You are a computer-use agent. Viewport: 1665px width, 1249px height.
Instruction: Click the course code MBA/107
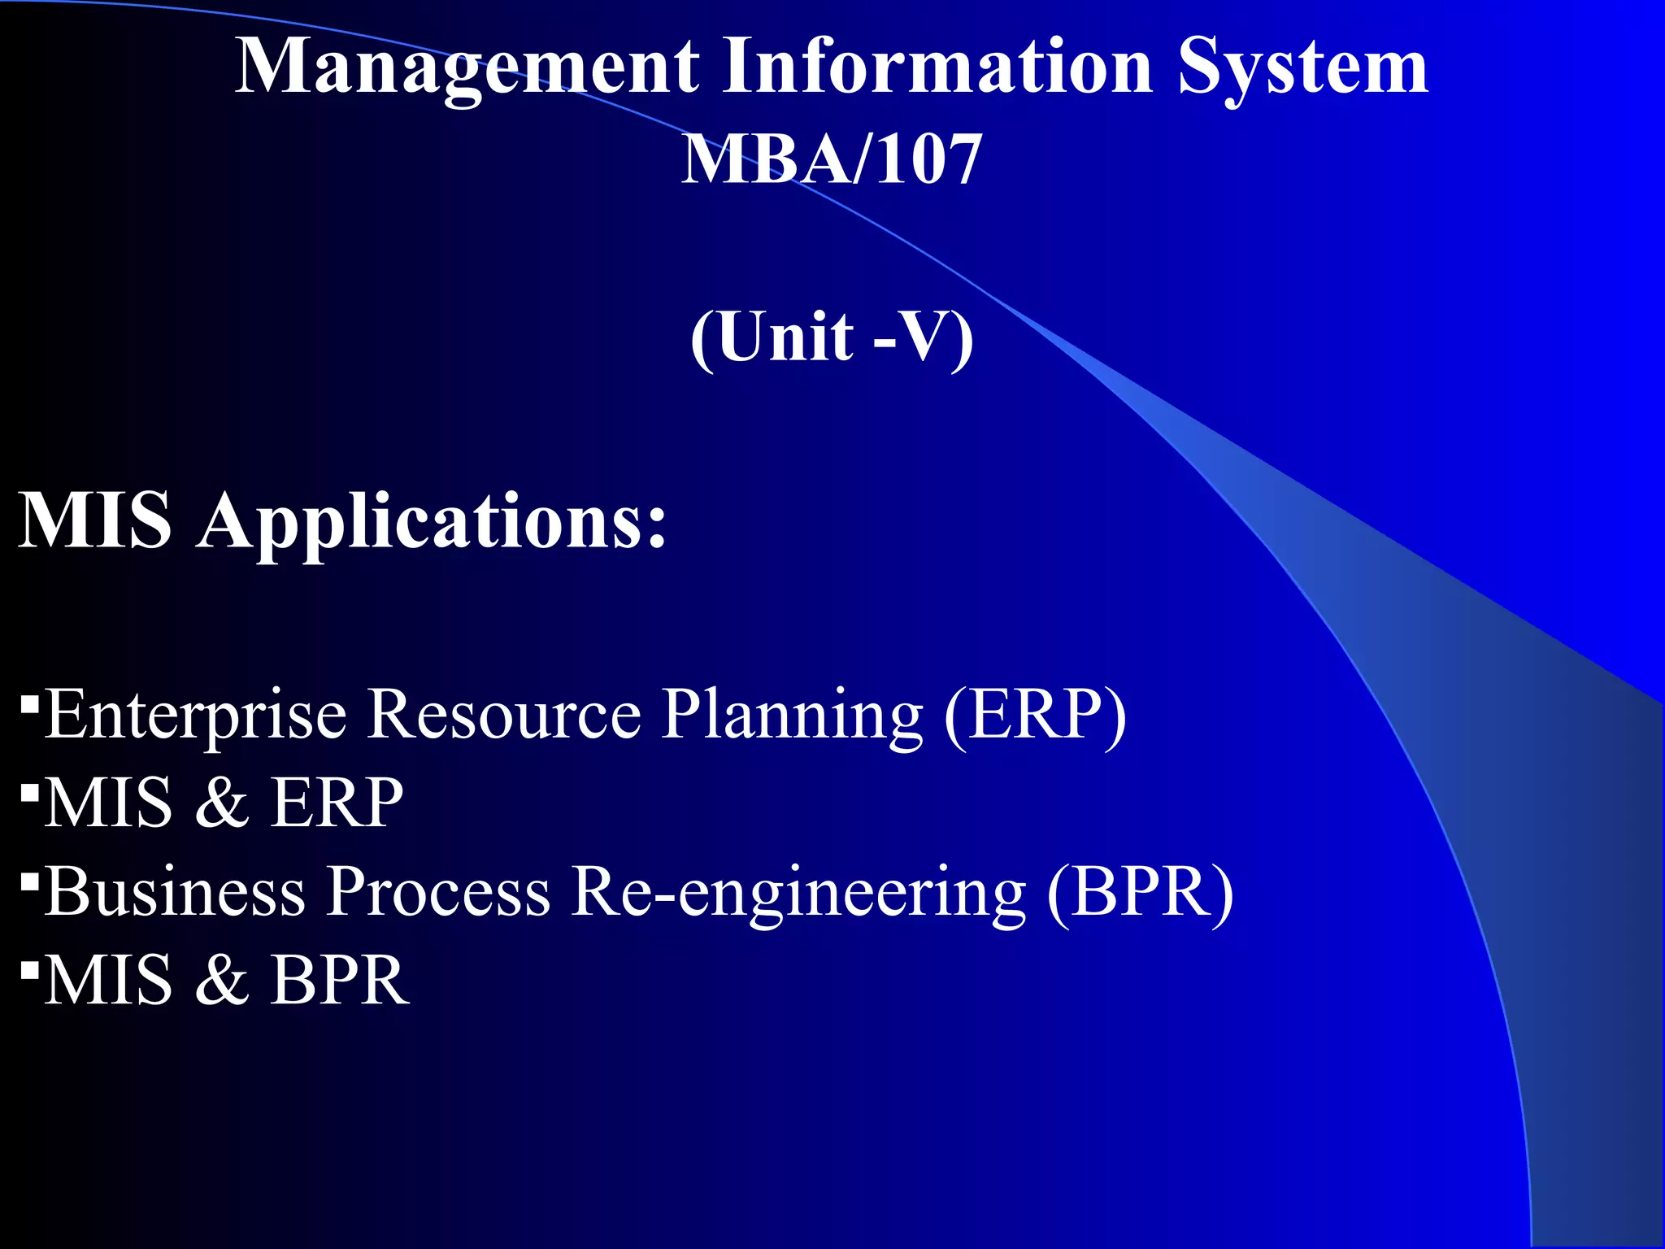[x=831, y=159]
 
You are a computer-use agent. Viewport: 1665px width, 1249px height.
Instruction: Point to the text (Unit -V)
[x=832, y=336]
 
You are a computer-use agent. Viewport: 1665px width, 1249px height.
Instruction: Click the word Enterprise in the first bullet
[x=195, y=716]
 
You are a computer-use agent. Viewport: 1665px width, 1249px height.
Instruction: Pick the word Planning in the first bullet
[x=792, y=716]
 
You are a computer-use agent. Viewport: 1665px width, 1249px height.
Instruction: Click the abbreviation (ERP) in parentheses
[x=1035, y=714]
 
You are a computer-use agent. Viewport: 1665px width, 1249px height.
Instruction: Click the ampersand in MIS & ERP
[x=221, y=803]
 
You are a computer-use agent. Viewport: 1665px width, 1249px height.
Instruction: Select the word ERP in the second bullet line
[x=337, y=803]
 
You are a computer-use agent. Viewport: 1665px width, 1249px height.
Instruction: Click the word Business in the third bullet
[x=175, y=891]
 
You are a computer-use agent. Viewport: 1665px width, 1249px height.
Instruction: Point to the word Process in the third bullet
[x=438, y=891]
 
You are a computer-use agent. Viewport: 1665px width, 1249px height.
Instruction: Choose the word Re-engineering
[x=798, y=893]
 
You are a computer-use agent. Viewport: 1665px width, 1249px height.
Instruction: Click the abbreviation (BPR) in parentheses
[x=1140, y=891]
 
